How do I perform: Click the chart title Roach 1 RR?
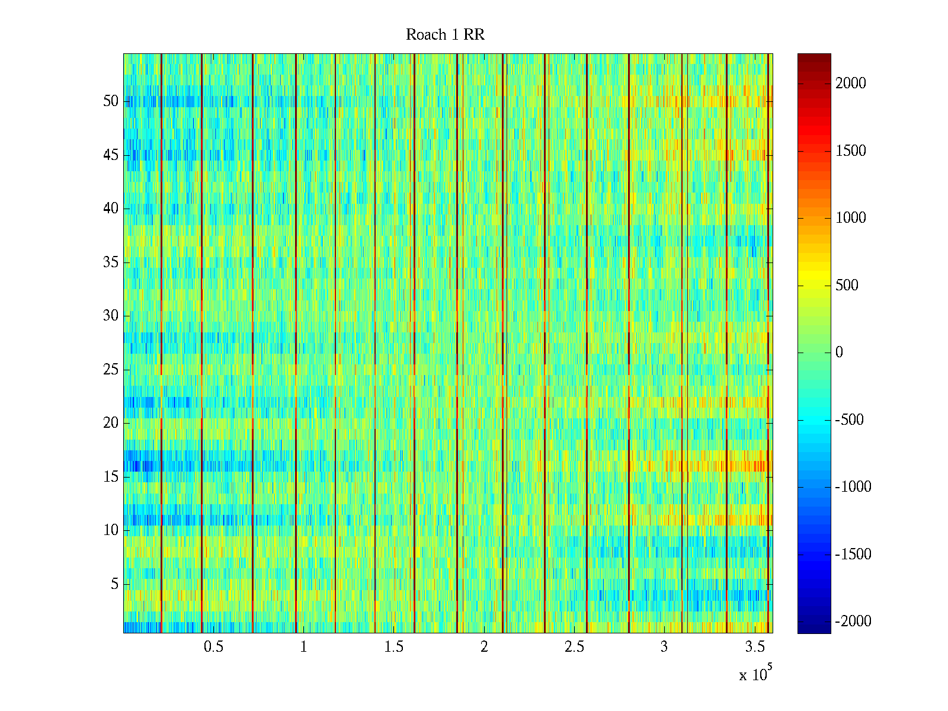(x=445, y=35)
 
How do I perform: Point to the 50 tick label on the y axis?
(x=111, y=101)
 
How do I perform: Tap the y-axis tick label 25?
(x=111, y=370)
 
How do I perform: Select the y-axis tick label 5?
(x=114, y=584)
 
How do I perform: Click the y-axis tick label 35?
(x=111, y=262)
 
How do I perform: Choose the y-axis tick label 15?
(x=111, y=477)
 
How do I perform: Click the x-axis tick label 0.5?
(x=213, y=647)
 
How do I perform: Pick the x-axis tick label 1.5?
(x=394, y=647)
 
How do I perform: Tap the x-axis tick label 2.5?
(x=574, y=647)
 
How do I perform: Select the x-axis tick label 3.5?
(x=755, y=647)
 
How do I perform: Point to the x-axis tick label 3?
(x=664, y=647)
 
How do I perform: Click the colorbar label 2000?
(x=851, y=84)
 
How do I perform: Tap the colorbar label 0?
(x=839, y=353)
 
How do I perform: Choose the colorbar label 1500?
(x=851, y=151)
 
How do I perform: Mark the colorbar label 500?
(x=847, y=286)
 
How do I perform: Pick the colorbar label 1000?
(x=851, y=218)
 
